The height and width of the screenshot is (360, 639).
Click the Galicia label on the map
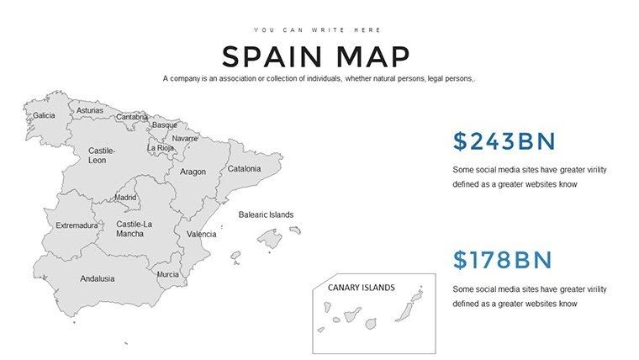(44, 116)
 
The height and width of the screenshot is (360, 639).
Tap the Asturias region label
(90, 110)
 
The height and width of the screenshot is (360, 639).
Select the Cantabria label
(132, 117)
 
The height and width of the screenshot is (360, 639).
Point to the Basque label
(165, 125)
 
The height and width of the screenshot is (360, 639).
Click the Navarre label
(185, 138)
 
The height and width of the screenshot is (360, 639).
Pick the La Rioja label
(161, 148)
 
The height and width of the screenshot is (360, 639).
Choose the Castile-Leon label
(103, 155)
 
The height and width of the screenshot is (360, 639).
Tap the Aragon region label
(193, 172)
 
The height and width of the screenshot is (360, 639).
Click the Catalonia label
(244, 168)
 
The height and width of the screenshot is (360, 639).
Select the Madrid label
(125, 198)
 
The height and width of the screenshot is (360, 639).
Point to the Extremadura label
(77, 225)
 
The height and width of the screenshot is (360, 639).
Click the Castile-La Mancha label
(134, 229)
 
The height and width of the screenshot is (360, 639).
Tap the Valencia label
(201, 235)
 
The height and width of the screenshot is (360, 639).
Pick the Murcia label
(167, 274)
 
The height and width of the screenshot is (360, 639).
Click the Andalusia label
(98, 278)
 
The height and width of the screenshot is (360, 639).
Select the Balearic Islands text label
(266, 214)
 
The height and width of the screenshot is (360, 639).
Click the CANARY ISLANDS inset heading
(361, 288)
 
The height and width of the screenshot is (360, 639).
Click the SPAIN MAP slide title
(316, 57)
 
